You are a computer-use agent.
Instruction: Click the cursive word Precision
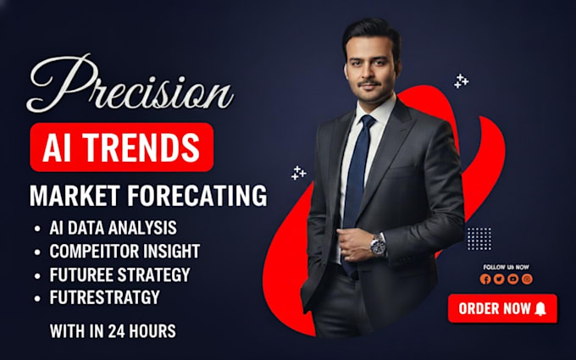[x=130, y=85]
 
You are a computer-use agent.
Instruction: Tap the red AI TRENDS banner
[x=122, y=147]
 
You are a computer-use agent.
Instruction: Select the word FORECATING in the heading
[x=197, y=196]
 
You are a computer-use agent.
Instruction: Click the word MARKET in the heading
[x=75, y=196]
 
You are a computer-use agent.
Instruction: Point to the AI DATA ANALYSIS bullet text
[x=114, y=228]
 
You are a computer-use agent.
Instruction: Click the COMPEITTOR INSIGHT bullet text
[x=125, y=252]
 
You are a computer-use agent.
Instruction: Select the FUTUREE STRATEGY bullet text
[x=120, y=274]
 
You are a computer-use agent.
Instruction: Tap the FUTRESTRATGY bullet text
[x=105, y=297]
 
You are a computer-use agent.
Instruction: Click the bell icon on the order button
[x=540, y=308]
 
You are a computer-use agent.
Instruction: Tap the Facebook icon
[x=485, y=280]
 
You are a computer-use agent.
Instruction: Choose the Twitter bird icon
[x=499, y=280]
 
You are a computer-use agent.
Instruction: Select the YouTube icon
[x=512, y=280]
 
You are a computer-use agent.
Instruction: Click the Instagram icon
[x=527, y=280]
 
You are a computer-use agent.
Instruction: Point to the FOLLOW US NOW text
[x=507, y=267]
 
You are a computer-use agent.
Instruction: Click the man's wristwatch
[x=378, y=245]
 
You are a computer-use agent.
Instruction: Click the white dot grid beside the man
[x=479, y=239]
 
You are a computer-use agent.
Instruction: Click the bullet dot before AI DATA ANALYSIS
[x=37, y=229]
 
